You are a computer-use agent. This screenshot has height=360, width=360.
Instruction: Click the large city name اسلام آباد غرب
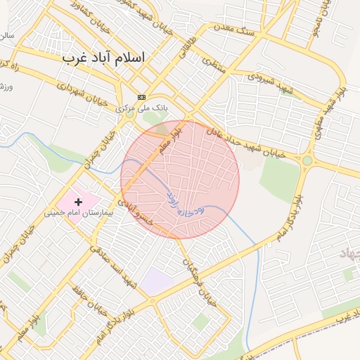(x=103, y=58)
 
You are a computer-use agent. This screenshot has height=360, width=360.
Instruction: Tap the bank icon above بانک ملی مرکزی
(x=142, y=96)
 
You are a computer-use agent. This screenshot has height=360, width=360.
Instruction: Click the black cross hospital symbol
(x=78, y=202)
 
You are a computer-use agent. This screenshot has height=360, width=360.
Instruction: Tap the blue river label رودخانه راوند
(x=186, y=201)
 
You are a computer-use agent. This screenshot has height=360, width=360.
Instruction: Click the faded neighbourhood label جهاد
(x=349, y=252)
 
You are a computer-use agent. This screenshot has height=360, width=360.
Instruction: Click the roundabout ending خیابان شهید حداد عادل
(x=307, y=161)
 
